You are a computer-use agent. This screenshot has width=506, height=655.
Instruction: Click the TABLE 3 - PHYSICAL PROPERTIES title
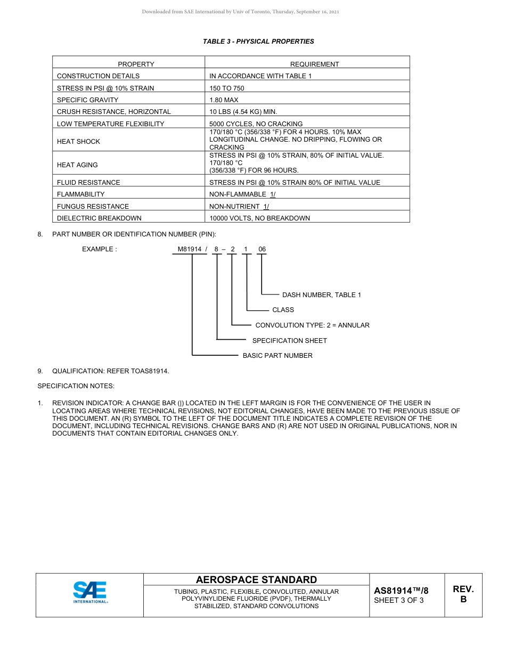pos(258,42)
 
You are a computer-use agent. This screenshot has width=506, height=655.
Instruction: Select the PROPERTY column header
pos(136,64)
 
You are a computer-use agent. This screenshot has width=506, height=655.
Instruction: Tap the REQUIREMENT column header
pos(314,64)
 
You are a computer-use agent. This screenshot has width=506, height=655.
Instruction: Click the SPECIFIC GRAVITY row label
pos(88,100)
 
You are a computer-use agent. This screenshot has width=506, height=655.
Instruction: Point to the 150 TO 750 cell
pos(227,88)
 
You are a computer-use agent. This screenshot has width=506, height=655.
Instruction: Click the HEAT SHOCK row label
pos(78,142)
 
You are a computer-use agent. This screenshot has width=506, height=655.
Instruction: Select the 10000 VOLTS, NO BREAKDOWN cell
pos(259,218)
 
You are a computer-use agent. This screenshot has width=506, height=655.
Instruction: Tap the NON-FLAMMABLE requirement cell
pos(242,194)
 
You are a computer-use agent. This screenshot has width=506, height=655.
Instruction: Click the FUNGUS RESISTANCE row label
pos(93,207)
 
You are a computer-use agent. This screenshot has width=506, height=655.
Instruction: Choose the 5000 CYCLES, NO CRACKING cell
pos(256,124)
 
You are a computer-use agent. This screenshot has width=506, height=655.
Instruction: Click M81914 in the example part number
pos(190,249)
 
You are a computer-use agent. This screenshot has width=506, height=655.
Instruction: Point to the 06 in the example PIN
pos(262,249)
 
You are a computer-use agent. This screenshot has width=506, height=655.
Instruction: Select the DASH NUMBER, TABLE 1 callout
pos(322,295)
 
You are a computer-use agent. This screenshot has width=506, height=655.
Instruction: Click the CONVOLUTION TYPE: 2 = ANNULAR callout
pos(312,325)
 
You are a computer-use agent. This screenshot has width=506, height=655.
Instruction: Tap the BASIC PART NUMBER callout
pos(278,356)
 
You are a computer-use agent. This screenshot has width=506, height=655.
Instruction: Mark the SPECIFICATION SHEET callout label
pos(289,341)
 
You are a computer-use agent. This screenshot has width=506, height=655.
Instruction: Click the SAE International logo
pos(90,592)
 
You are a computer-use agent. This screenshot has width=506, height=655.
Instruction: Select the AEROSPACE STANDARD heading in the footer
pos(256,580)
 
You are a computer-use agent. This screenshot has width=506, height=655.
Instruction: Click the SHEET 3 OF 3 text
pos(399,601)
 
